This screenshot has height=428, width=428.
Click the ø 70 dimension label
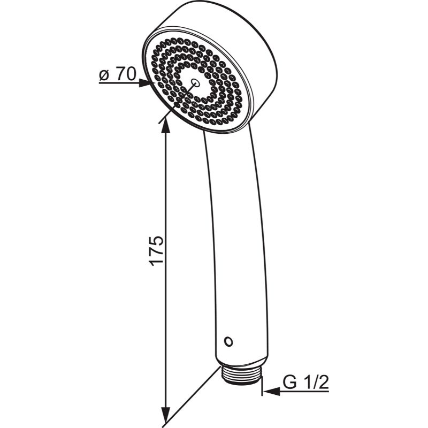[x=117, y=74]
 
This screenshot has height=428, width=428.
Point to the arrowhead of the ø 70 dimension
[x=144, y=83]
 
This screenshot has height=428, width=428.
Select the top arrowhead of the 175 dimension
[x=165, y=126]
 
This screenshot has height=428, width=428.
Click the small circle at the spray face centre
[x=195, y=82]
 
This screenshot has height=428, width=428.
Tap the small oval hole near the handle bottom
[x=228, y=341]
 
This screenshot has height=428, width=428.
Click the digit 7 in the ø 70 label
[x=121, y=74]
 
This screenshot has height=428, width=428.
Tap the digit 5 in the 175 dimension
[x=156, y=241]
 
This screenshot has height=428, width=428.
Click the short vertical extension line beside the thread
[x=262, y=386]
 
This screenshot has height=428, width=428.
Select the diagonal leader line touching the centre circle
[x=177, y=104]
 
